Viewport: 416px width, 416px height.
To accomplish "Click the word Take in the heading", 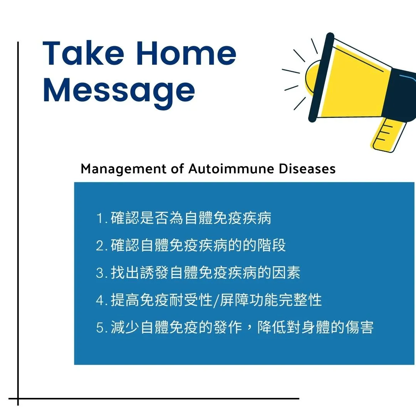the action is (x=83, y=53).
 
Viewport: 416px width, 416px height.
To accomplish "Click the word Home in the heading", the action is (x=186, y=53).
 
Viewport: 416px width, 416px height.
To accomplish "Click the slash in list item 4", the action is (x=216, y=300).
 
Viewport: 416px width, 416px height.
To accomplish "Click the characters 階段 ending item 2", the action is (x=272, y=245).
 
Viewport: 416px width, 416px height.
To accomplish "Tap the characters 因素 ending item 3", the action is (x=286, y=272).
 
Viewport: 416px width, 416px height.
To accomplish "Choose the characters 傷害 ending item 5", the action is (x=359, y=327).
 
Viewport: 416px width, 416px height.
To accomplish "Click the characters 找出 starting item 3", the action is (x=125, y=272).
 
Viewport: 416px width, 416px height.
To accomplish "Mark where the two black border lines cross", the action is (x=18, y=399).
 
